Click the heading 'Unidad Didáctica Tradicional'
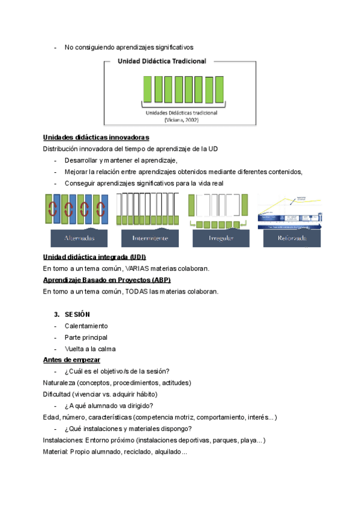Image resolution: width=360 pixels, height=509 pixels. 162,61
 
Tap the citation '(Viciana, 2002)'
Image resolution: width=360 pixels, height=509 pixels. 179,119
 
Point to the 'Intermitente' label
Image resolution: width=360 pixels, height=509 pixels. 150,238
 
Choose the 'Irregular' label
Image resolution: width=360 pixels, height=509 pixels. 221,238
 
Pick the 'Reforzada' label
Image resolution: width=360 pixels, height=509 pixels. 292,238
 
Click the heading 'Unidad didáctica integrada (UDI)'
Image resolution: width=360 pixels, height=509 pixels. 95,257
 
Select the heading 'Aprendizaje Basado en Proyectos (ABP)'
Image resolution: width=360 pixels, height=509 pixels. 107,280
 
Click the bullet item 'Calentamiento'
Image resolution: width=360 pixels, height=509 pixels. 86,326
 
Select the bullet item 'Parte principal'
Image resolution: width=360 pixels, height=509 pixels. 86,337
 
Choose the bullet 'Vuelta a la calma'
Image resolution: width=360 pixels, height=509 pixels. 90,349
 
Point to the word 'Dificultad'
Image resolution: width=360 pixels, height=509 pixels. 59,394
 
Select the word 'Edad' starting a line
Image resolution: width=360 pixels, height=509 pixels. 52,417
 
